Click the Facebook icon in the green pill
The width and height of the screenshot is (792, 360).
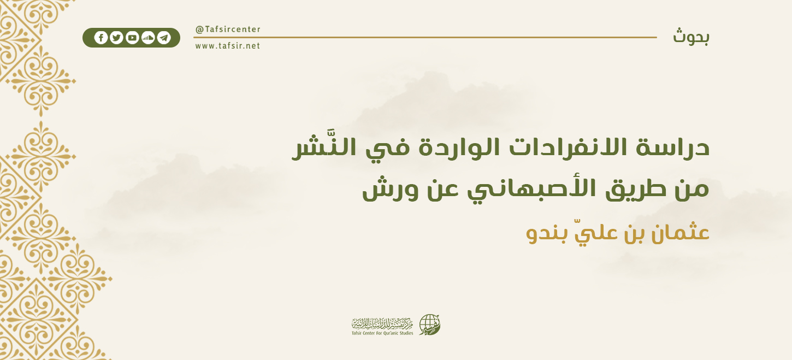pos(101,38)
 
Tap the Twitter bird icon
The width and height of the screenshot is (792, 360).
pos(116,38)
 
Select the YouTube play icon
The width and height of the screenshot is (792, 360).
pos(132,38)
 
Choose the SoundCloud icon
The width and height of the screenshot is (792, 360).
pos(148,38)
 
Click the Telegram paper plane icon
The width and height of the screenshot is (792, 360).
pos(164,38)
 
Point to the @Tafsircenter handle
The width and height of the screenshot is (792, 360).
pos(228,29)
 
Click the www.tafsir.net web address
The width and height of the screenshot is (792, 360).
pos(228,46)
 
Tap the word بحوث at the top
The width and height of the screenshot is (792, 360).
pos(691,37)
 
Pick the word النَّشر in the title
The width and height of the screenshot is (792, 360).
pos(320,148)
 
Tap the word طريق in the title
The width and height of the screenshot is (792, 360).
pos(625,191)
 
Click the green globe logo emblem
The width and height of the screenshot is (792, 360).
pos(429,325)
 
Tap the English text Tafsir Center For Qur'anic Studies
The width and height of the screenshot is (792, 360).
pos(382,333)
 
